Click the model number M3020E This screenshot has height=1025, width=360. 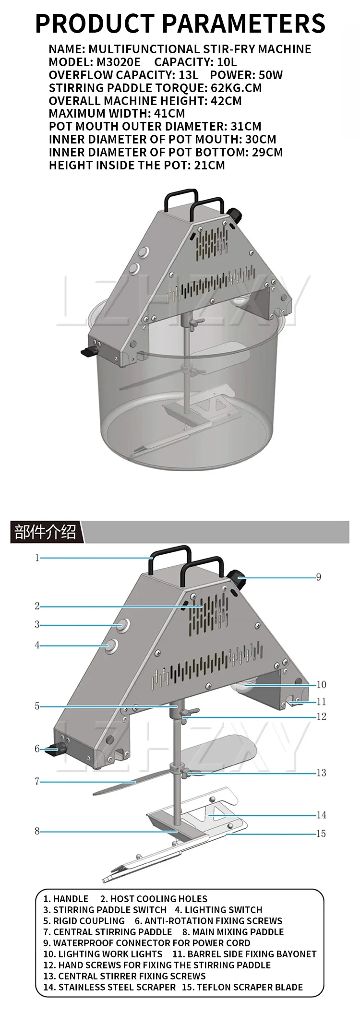click(119, 62)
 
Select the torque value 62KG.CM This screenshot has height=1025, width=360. click(236, 88)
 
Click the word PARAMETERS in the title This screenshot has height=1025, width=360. click(243, 23)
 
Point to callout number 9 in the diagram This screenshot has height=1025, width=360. click(318, 577)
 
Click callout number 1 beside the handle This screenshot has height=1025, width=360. click(37, 558)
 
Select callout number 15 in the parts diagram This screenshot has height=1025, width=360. click(321, 834)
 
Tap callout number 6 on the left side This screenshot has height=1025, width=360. click(37, 749)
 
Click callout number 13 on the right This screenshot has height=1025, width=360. click(321, 773)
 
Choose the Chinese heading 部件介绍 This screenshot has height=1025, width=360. click(45, 532)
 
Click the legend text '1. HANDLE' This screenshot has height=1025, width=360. click(66, 899)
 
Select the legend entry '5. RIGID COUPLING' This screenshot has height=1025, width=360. click(84, 921)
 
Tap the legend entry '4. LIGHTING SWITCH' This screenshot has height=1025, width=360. click(218, 910)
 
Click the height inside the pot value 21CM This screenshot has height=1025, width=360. click(210, 165)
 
